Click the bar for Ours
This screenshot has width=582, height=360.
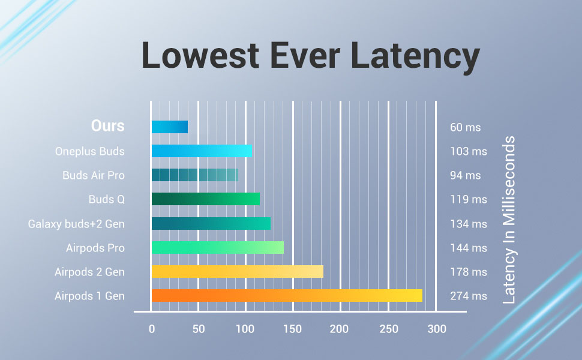[x=169, y=127]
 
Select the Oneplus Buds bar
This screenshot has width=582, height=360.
[x=201, y=151]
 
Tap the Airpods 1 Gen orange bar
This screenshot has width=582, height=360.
[x=286, y=295]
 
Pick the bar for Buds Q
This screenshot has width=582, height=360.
[x=205, y=199]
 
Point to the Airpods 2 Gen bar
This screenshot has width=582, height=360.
[x=237, y=271]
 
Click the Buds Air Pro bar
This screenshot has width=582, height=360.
[x=194, y=175]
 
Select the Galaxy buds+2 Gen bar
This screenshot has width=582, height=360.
[x=211, y=223]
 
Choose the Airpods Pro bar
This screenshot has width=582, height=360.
[x=217, y=247]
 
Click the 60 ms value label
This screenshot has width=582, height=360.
[x=466, y=127]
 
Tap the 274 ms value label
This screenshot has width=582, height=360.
[x=469, y=296]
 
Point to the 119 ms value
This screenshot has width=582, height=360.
[x=469, y=199]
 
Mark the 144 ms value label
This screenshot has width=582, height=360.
[x=469, y=248]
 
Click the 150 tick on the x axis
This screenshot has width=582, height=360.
[x=293, y=329]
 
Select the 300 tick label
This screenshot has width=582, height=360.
[x=437, y=329]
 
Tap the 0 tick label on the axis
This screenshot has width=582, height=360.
[x=152, y=329]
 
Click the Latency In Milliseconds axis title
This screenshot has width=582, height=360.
[x=509, y=220]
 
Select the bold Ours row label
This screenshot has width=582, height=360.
[x=108, y=126]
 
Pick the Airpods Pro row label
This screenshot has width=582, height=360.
[x=95, y=248]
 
